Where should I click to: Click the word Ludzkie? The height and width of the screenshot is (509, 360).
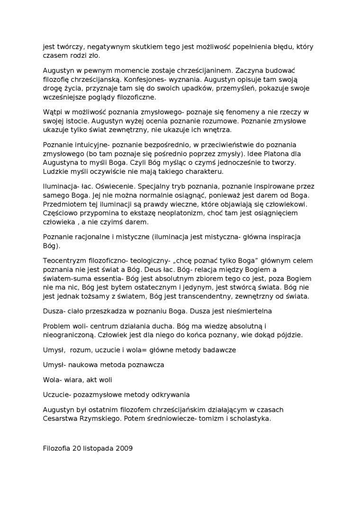(x=55, y=171)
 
